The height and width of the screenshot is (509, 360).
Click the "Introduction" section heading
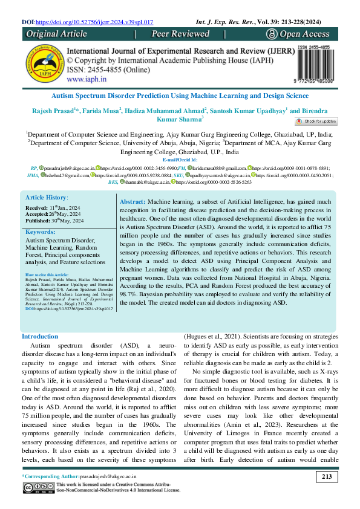(40, 336)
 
